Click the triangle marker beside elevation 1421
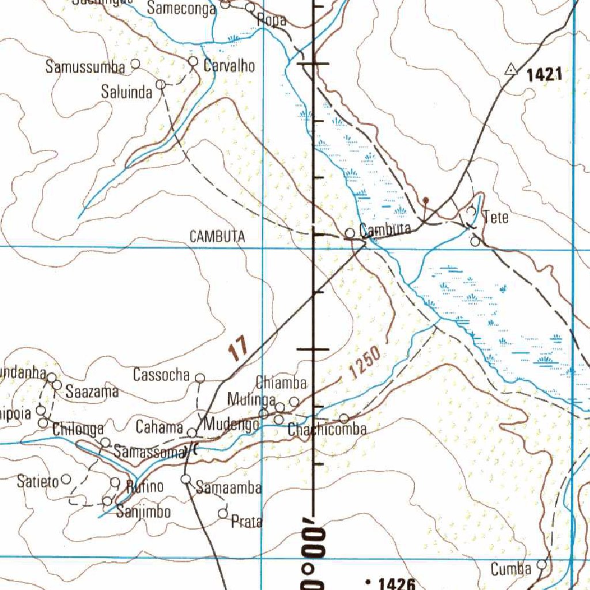pos(510,70)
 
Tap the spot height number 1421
pos(543,74)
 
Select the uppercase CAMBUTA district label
pos(217,236)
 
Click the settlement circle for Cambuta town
pos(350,233)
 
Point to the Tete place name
pos(496,217)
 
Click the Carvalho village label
pos(229,66)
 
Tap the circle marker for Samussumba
pos(136,63)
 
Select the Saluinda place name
pos(127,91)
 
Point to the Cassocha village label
pos(161,375)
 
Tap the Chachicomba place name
pos(327,429)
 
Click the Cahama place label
pos(160,427)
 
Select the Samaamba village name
pos(229,488)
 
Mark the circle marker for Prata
pos(224,513)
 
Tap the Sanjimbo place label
pos(143,511)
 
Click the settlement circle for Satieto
pos(66,479)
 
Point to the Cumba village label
pos(511,569)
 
